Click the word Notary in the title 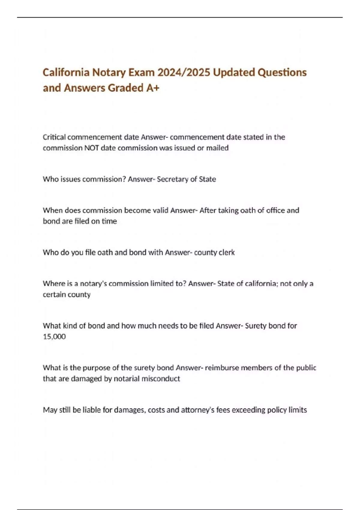coord(109,73)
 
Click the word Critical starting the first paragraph coord(54,137)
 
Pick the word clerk coord(226,253)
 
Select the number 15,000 coord(54,337)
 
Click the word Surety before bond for coord(255,326)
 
